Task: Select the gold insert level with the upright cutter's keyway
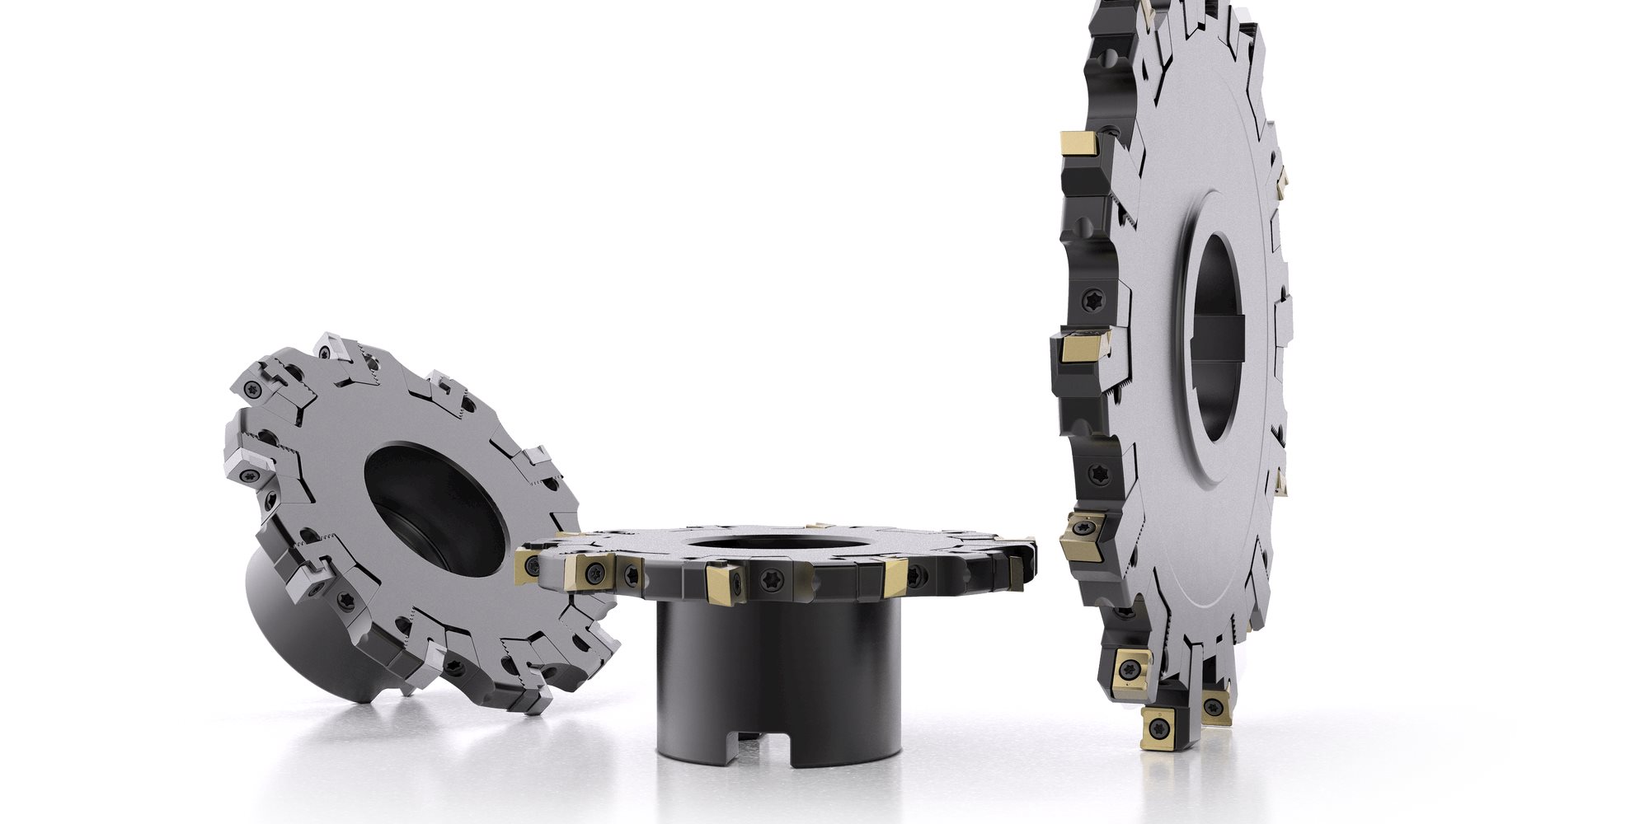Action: pyautogui.click(x=1080, y=347)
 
